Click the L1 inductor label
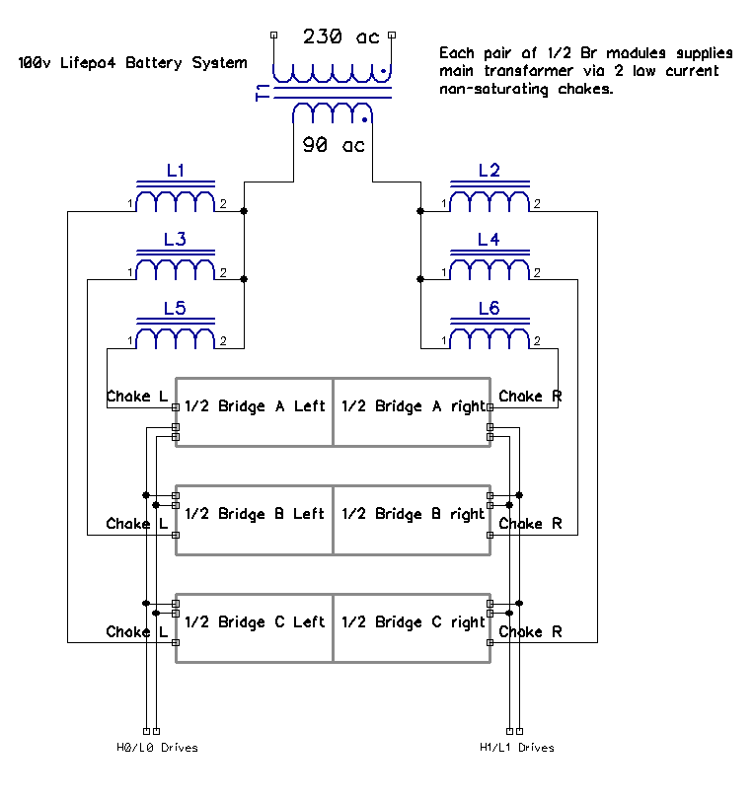tap(175, 171)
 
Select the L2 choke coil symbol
tap(489, 200)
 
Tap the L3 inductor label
tap(175, 240)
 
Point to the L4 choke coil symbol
tap(489, 269)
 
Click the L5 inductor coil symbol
tap(175, 338)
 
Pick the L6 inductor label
tap(489, 309)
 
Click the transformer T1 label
tap(262, 93)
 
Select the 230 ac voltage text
tap(340, 37)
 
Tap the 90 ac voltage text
tap(333, 145)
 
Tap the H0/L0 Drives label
tap(157, 748)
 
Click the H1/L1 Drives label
tap(516, 748)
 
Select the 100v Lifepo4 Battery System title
tap(132, 63)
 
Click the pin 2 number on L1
tap(223, 204)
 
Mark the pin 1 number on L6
tap(444, 342)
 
